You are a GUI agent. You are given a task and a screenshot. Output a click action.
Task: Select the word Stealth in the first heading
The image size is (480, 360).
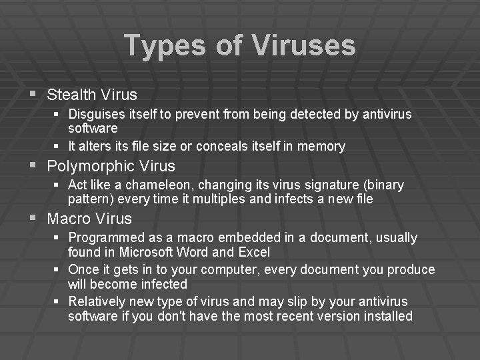71,95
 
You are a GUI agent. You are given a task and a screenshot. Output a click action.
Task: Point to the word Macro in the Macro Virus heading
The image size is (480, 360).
69,219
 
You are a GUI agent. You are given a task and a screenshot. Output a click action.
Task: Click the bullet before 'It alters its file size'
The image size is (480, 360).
58,146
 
